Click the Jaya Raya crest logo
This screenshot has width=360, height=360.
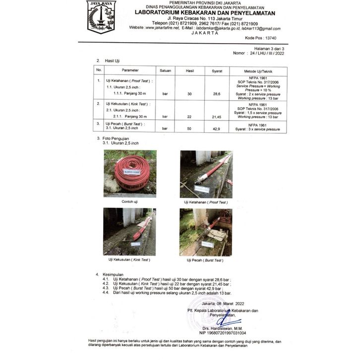101,16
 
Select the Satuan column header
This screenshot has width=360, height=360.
165,70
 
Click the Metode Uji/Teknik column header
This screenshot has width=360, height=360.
255,70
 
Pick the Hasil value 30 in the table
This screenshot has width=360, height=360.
189,94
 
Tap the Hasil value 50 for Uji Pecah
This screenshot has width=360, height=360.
189,129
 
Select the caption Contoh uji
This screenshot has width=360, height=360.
130,202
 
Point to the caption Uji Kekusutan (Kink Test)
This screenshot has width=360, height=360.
129,260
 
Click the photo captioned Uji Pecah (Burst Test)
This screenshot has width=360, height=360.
205,231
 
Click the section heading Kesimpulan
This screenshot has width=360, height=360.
113,274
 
